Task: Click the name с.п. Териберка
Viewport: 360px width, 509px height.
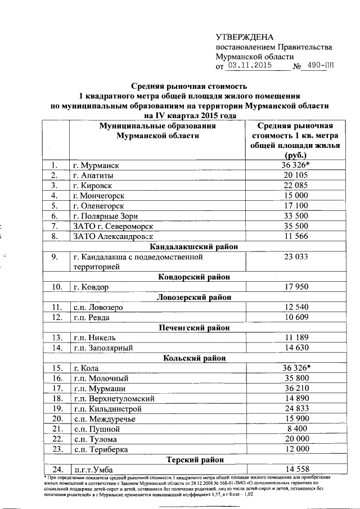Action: (101, 449)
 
